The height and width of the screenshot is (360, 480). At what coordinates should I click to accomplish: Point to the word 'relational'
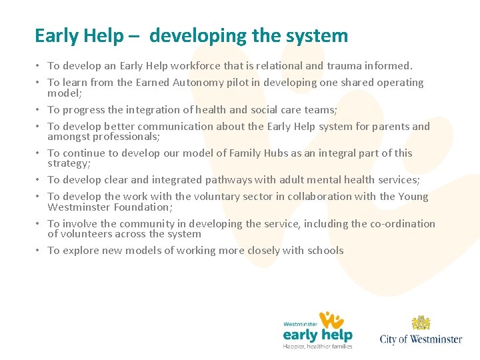(297, 66)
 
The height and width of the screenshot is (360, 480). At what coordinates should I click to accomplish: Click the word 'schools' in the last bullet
(325, 251)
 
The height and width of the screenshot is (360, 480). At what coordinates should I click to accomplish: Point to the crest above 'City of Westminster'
(421, 323)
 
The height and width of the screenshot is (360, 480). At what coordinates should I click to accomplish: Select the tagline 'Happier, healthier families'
(317, 346)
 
